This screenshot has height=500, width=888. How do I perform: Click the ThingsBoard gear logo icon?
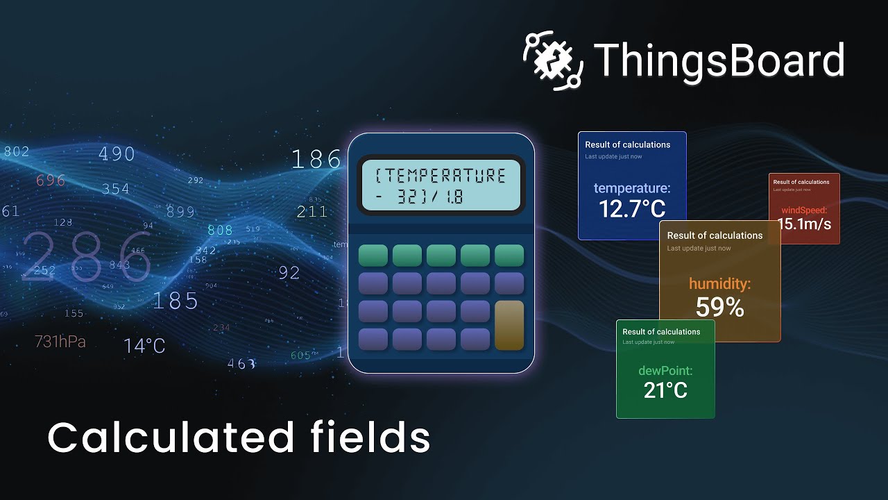point(552,60)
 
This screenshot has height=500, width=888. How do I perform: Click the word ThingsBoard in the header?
point(719,60)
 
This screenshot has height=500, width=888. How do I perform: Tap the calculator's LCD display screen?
point(441,185)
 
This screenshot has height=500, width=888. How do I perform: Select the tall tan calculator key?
point(509,325)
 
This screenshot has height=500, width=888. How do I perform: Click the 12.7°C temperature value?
point(632,208)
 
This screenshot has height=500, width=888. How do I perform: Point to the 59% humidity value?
point(719,307)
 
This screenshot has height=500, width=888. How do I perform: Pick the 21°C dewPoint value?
point(665,390)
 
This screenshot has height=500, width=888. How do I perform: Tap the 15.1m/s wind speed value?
point(804,224)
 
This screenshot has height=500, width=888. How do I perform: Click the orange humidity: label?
point(719,283)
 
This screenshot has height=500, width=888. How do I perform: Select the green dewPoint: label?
point(665,371)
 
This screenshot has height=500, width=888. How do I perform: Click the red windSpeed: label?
point(804,210)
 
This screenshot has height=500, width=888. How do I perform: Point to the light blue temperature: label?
point(632,188)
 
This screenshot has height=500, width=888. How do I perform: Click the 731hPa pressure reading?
point(60,342)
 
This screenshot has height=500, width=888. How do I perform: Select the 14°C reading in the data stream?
point(144,346)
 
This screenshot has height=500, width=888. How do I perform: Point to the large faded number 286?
point(87,257)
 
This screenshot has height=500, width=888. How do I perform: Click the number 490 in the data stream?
point(117,153)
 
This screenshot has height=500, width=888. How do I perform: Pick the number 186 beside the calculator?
point(316,160)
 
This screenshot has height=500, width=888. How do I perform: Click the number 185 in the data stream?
point(175,301)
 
